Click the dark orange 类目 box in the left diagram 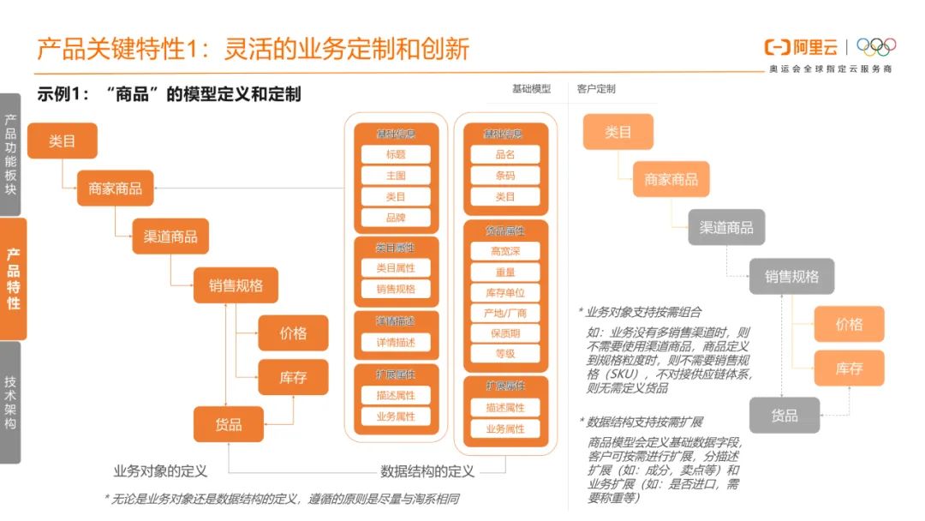point(63,141)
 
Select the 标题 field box point(396,154)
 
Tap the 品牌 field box point(396,218)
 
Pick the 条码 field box point(505,176)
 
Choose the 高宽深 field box point(505,251)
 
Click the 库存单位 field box point(505,292)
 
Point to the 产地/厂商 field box point(505,313)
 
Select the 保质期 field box point(505,333)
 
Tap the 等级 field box point(505,353)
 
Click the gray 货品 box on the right point(784,415)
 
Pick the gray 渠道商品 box point(726,227)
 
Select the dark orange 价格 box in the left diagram point(293,332)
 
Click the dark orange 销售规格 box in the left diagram point(236,284)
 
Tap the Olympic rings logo point(875,46)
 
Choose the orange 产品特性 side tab point(13,278)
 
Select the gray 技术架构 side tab point(10,403)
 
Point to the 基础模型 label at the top point(531,89)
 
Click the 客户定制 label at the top point(596,89)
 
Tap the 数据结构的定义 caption point(427,470)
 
